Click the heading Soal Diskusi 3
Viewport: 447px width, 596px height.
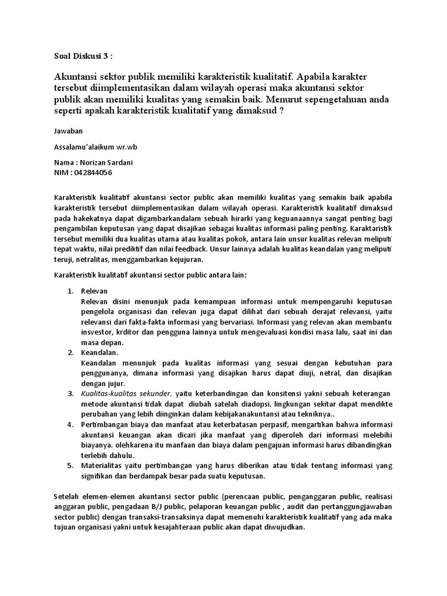(81, 56)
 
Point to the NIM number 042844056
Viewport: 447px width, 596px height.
(93, 172)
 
